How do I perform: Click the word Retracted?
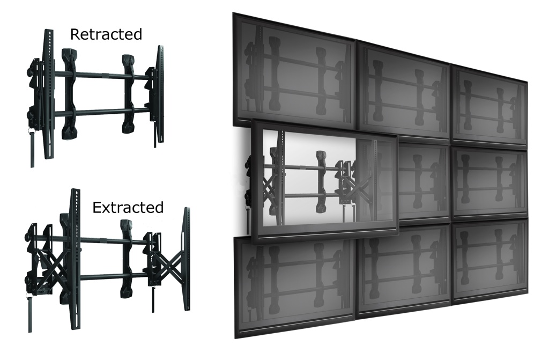(x=106, y=34)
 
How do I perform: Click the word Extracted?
(x=128, y=208)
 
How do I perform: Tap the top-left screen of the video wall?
(x=294, y=72)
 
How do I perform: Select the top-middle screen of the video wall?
(x=403, y=90)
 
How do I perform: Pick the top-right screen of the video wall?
(x=489, y=106)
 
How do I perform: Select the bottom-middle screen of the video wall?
(x=404, y=271)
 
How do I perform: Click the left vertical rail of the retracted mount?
(x=48, y=94)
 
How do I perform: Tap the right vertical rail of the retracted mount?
(x=160, y=94)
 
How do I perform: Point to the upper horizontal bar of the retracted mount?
(x=101, y=75)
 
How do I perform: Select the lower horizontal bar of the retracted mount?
(x=101, y=112)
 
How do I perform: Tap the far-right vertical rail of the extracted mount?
(x=184, y=259)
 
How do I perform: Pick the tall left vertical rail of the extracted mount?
(x=75, y=259)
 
